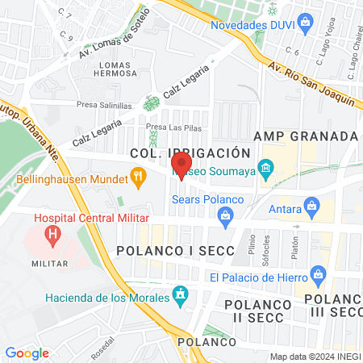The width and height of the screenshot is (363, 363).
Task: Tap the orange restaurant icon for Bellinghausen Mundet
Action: [x=138, y=174]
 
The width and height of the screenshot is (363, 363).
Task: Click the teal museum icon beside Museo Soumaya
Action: [x=267, y=170]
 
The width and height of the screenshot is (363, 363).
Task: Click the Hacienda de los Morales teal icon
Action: [x=181, y=298]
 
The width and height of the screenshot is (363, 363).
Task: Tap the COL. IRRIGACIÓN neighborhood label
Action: [x=186, y=152]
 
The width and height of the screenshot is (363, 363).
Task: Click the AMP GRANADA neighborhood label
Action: [x=305, y=136]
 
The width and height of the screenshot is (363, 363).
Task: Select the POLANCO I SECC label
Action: [x=176, y=251]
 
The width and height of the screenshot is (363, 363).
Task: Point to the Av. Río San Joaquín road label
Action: [x=311, y=85]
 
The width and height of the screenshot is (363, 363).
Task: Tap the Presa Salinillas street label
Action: [x=105, y=104]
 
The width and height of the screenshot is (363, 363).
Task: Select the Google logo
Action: [x=27, y=353]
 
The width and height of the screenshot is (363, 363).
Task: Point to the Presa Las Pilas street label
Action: [x=173, y=127]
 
